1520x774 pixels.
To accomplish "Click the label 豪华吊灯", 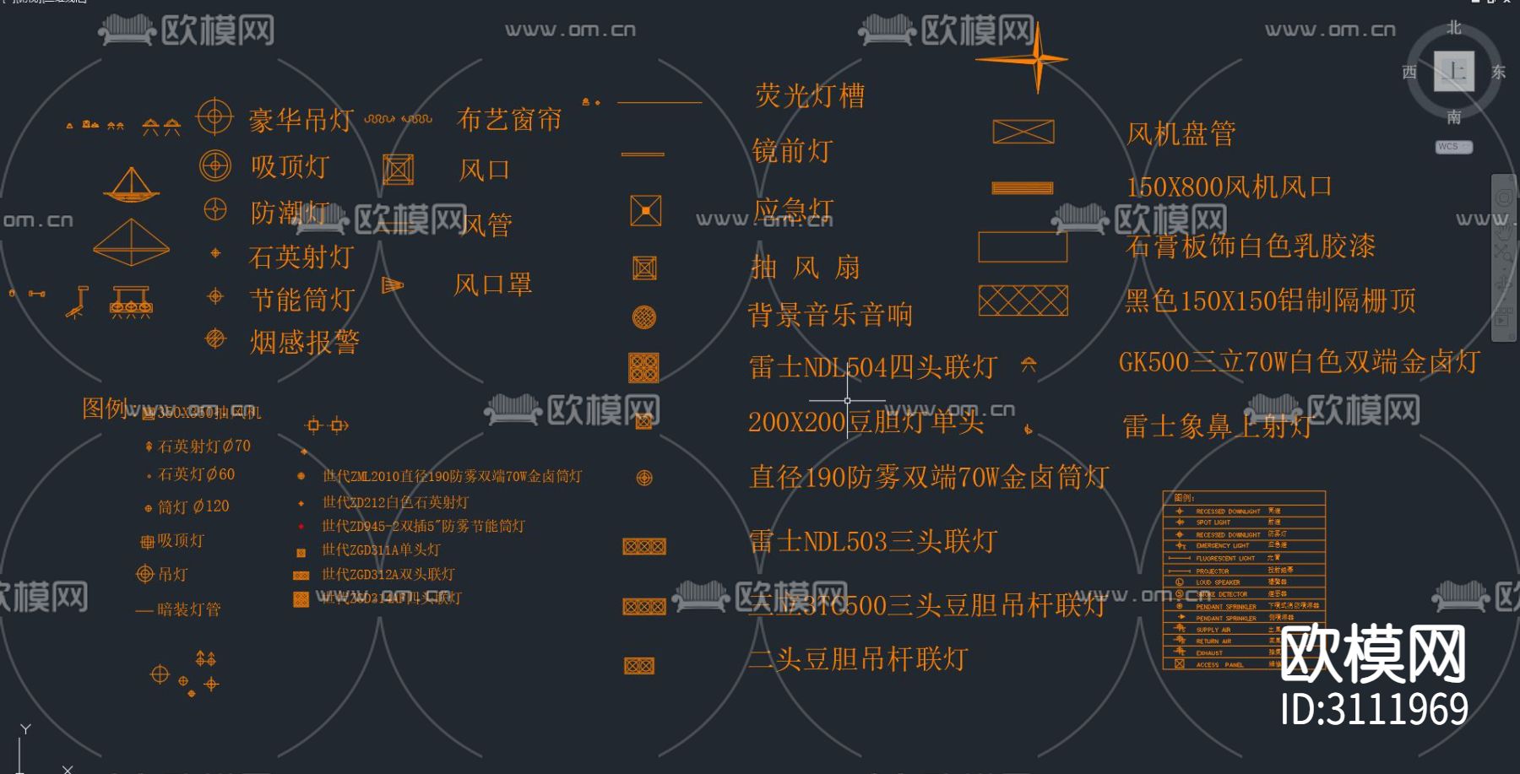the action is pos(301,120).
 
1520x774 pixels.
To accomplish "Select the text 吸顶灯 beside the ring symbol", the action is pos(290,166).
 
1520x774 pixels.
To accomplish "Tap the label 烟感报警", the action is pos(304,342).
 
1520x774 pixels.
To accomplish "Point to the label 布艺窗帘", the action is pos(508,120).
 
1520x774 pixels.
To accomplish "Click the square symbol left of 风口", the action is pos(398,170).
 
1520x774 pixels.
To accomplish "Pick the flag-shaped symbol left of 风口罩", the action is pos(392,285).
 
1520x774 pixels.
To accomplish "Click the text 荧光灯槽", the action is pos(809,95).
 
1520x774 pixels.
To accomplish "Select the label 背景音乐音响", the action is pos(829,315).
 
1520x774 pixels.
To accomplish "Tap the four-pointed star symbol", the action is pos(1036,59).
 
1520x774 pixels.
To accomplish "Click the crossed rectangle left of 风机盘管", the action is pos(1023,132).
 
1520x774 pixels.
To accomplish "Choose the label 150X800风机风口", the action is pos(1229,187).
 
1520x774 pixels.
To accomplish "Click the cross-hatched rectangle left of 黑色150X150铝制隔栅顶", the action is pos(1023,300).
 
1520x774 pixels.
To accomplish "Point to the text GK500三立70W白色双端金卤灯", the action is pos(1299,362).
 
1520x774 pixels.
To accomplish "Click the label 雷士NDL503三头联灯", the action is pos(873,541).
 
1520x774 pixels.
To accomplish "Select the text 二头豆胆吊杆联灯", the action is pos(858,658).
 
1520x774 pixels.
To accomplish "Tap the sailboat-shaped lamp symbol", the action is pos(131,186).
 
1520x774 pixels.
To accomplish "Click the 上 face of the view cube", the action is pos(1453,71).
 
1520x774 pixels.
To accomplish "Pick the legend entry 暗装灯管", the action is pos(188,609).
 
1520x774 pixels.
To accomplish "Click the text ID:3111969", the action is pos(1374,709).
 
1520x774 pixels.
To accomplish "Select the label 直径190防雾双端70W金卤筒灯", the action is pos(928,477).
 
